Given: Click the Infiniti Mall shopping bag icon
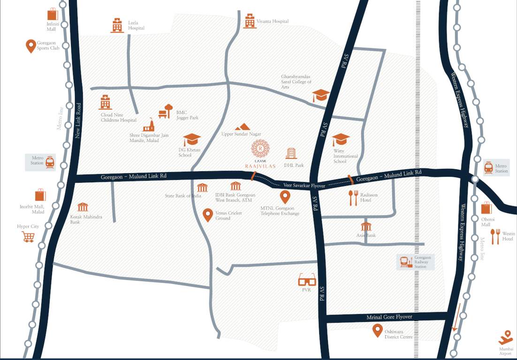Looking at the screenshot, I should (53, 14).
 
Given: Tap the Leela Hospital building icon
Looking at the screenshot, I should (117, 25).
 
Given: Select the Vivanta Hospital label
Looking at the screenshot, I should (272, 22).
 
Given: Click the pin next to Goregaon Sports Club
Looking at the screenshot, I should (30, 46).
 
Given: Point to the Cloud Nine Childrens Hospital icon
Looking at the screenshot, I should (105, 102).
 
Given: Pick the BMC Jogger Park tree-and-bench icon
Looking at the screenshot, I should (166, 111).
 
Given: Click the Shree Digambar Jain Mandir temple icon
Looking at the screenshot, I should (149, 125).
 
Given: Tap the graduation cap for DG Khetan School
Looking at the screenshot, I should (191, 140).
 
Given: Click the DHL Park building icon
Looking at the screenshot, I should (291, 153).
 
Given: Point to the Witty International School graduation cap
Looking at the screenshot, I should (341, 140).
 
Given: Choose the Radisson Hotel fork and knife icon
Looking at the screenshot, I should (353, 198).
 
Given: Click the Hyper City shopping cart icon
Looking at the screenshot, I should (28, 237).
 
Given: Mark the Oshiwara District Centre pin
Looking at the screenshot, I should (377, 330).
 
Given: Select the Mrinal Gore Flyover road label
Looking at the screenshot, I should (389, 317).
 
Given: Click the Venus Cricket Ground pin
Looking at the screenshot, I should (208, 215).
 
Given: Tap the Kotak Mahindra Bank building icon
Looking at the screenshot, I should (83, 207).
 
